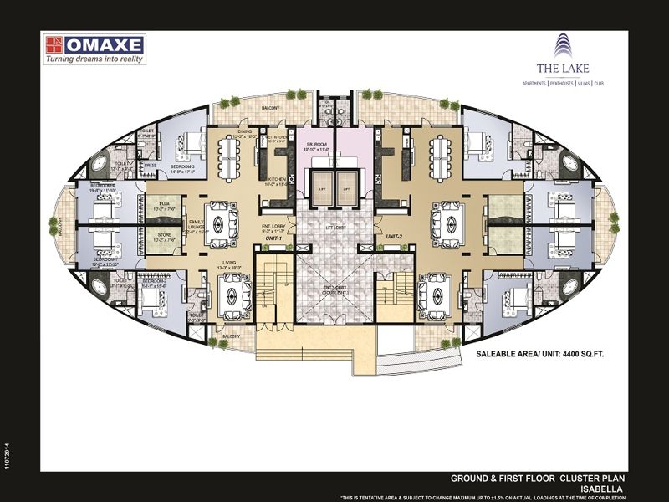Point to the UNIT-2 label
(395, 238)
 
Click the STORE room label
(164, 236)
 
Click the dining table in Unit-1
(228, 156)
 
